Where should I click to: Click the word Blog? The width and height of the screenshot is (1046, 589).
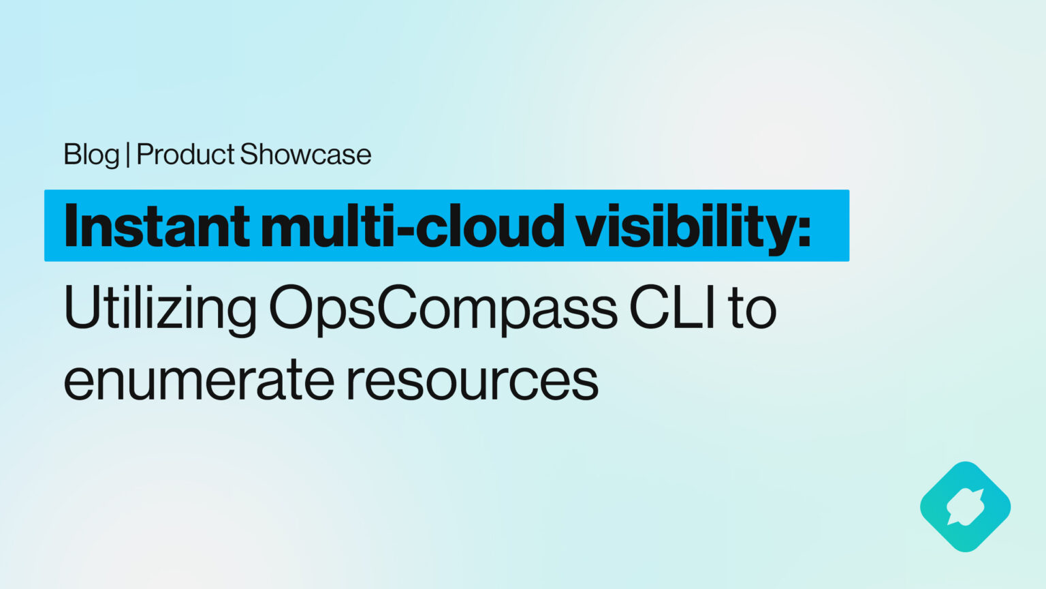point(91,155)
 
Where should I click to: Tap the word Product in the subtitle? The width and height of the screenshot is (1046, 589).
point(185,155)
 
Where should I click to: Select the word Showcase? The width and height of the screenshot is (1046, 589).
point(306,155)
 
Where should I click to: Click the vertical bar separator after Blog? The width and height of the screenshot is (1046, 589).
point(128,155)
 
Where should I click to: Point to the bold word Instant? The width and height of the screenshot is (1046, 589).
point(156,226)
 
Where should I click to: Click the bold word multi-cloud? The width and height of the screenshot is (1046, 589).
point(412,226)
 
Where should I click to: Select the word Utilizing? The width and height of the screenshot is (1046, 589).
point(160,309)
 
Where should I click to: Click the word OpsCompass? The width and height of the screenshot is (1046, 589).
point(443,309)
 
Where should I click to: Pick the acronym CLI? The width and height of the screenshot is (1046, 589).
point(673,309)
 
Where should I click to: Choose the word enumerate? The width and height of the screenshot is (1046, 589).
point(198,380)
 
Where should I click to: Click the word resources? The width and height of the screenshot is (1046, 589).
point(472,380)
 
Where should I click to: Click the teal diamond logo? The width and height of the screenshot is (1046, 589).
point(965,507)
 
